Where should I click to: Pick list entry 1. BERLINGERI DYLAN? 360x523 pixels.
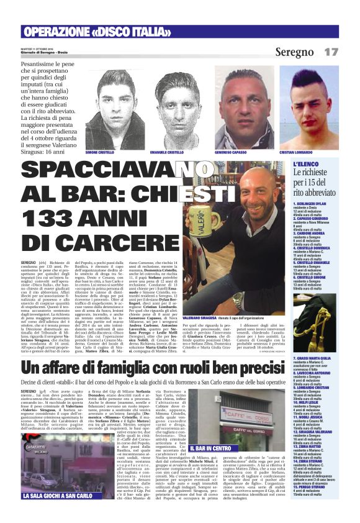point(314,203)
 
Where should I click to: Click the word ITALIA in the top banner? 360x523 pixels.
point(133,32)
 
